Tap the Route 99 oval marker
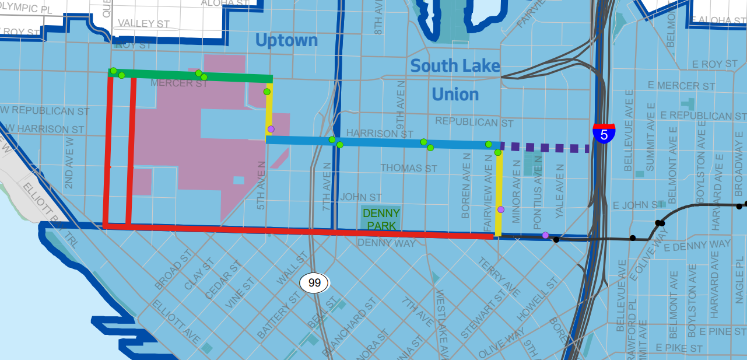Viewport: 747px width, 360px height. point(314,283)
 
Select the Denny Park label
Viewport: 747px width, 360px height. point(381,219)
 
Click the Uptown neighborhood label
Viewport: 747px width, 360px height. point(287,40)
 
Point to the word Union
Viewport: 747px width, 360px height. point(455,94)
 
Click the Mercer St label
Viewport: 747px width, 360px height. point(179,83)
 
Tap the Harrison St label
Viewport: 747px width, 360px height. point(380,134)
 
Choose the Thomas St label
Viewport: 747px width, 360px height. point(408,168)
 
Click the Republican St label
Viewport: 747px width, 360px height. point(474,123)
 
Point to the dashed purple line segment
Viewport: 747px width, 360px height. point(545,148)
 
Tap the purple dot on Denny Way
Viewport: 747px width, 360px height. point(545,235)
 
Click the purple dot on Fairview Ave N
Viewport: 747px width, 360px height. point(500,209)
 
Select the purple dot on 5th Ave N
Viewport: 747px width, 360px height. point(271,129)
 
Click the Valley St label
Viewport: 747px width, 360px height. point(143,24)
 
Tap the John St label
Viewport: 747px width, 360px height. point(361,198)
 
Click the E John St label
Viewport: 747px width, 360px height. point(639,205)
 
